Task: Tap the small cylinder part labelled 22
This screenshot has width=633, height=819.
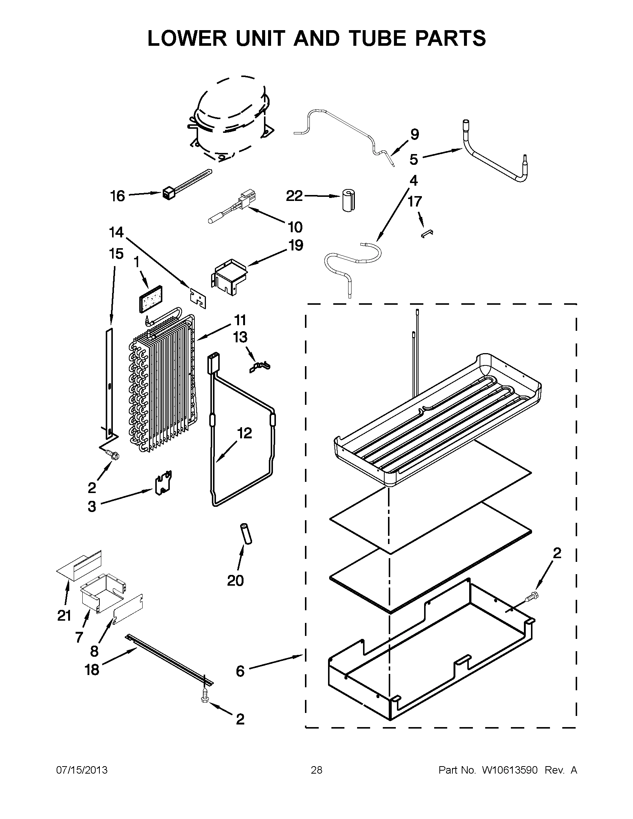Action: click(349, 200)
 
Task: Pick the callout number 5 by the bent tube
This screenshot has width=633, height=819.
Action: click(413, 159)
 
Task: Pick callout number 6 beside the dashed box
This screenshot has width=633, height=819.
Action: click(240, 671)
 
